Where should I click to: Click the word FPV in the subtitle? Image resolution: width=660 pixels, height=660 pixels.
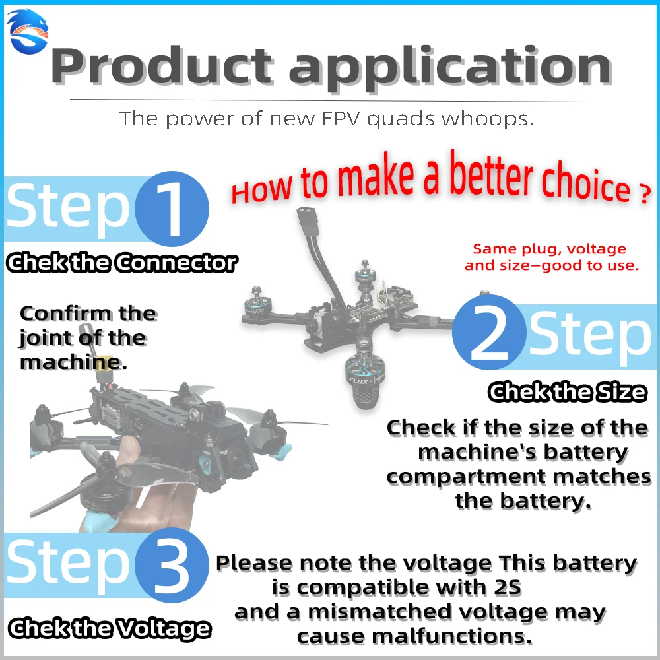332,119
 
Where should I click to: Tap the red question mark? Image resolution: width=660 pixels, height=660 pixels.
644,196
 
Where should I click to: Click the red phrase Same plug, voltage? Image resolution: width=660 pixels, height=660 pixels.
550,249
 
